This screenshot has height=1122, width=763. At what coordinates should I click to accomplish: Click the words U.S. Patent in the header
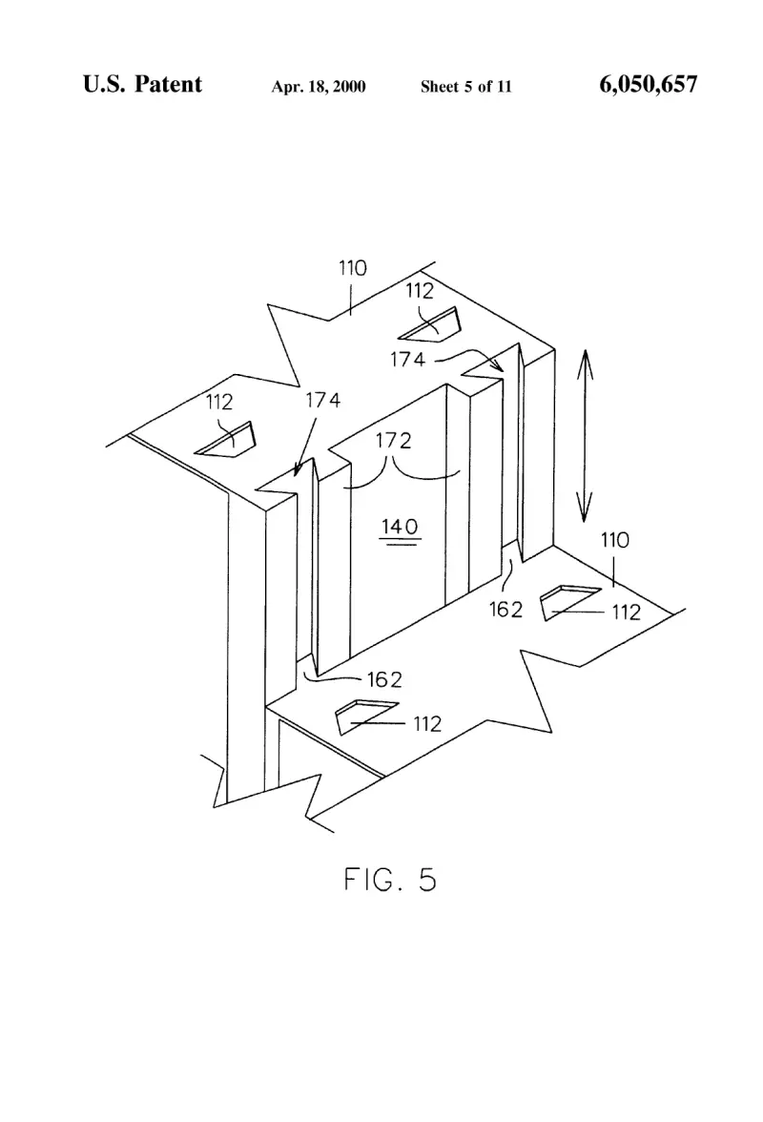tap(142, 84)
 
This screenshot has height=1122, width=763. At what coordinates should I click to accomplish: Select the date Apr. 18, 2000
tap(319, 87)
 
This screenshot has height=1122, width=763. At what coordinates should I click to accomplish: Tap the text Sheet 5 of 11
tap(466, 87)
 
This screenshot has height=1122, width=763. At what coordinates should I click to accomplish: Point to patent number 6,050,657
tap(648, 84)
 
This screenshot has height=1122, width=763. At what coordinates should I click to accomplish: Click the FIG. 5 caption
tap(390, 880)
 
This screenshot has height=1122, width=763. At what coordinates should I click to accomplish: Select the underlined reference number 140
tap(400, 528)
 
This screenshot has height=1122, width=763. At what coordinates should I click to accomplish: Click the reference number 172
tap(394, 440)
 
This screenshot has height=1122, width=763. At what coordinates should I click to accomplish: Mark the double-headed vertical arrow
tap(585, 437)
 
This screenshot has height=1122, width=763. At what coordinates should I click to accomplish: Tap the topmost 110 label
tap(353, 268)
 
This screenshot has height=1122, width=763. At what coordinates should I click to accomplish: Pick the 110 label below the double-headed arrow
tap(615, 540)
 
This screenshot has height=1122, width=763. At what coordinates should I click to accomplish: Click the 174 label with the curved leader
tap(407, 359)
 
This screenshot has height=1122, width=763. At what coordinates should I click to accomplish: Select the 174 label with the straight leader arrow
tap(323, 400)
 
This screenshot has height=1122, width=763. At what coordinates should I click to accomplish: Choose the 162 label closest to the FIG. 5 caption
tap(384, 679)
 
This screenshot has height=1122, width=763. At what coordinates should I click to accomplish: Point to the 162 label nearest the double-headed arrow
tap(506, 609)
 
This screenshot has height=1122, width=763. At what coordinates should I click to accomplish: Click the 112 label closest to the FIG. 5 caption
tap(427, 724)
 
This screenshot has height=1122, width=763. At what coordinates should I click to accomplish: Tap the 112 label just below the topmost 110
tap(420, 290)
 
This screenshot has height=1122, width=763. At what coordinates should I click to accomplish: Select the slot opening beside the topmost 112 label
tap(431, 325)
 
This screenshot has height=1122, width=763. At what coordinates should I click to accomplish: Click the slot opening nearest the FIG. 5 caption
tap(365, 717)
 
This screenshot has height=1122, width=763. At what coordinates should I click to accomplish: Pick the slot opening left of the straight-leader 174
tap(227, 439)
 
